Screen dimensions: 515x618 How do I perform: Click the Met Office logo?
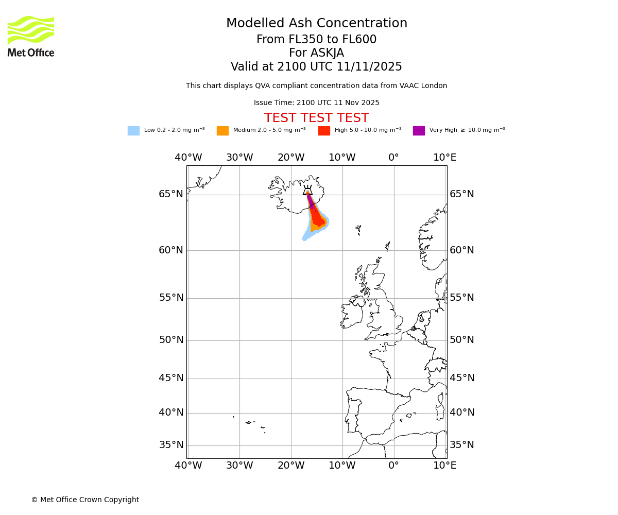[31, 36]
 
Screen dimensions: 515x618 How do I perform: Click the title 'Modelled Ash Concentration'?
[316, 24]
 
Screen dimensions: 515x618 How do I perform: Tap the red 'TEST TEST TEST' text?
[316, 118]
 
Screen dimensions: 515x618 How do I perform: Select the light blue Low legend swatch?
[133, 131]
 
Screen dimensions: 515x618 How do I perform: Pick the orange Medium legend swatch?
[222, 131]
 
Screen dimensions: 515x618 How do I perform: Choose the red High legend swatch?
[324, 131]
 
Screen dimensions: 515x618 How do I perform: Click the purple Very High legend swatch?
[419, 131]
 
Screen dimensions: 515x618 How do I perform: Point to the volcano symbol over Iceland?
[307, 190]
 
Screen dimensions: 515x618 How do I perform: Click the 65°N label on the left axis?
[171, 194]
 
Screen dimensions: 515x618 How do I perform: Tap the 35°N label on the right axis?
[462, 445]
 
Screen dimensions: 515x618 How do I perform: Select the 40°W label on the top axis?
[188, 158]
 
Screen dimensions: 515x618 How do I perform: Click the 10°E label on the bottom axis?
[444, 466]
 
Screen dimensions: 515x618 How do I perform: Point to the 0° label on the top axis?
[393, 158]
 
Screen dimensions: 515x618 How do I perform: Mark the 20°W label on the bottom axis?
[291, 466]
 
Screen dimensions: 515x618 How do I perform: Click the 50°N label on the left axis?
[171, 340]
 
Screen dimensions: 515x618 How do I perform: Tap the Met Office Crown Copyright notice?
[85, 500]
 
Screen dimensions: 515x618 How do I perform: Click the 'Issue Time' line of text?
[316, 103]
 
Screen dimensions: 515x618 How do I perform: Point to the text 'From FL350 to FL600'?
[316, 40]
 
